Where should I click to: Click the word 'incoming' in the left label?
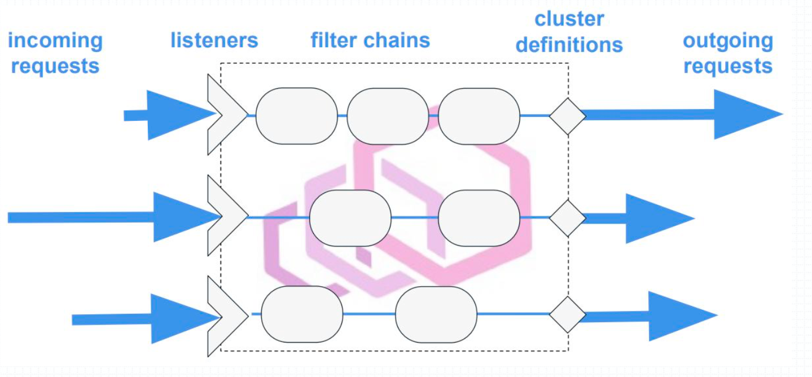[x=55, y=41]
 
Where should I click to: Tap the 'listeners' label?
[x=214, y=40]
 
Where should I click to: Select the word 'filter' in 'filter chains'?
[x=336, y=40]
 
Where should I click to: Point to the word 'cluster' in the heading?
[x=569, y=19]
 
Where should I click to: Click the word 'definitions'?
[x=569, y=45]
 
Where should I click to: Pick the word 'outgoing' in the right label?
[x=727, y=41]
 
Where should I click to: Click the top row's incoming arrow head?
[x=178, y=115]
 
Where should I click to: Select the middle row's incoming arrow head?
[x=183, y=217]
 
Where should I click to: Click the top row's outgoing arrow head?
[x=745, y=114]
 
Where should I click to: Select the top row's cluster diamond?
[x=567, y=116]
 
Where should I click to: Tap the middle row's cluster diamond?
[x=567, y=218]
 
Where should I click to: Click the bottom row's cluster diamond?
[x=567, y=314]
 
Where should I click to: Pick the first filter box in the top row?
[x=297, y=116]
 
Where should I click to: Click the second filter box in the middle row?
[x=479, y=218]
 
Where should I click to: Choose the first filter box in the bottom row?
[x=302, y=314]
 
